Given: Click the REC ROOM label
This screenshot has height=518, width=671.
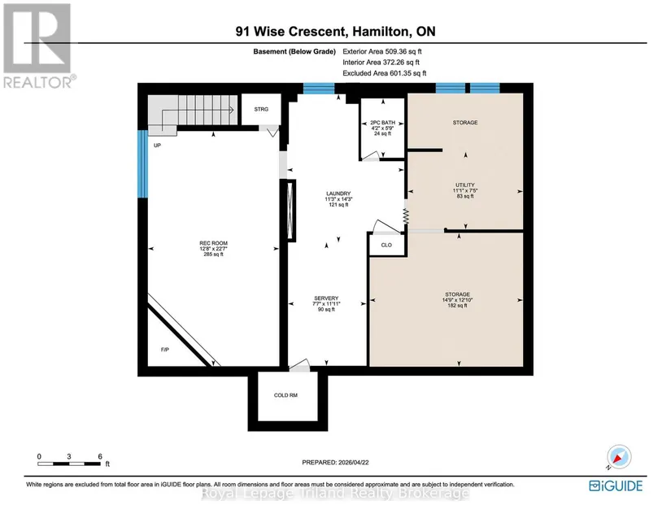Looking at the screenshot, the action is coord(214,243).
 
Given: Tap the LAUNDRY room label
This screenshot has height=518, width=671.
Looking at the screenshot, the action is coord(338,194).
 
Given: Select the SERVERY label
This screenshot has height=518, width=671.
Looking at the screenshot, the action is coord(326,298).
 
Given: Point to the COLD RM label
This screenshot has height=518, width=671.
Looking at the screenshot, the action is coord(285,395).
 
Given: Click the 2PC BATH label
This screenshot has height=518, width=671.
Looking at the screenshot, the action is coord(383,122).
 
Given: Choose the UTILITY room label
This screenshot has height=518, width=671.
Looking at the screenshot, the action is coord(465,185).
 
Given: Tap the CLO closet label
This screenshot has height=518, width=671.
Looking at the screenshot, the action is coord(386,245).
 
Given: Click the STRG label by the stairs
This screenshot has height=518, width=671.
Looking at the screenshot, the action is coord(261,109).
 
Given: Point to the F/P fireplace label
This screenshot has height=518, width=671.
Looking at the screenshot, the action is coord(165,350).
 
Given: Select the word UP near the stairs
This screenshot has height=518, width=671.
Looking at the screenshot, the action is coord(158,146).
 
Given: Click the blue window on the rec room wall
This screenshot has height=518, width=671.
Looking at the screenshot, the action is coord(142,163).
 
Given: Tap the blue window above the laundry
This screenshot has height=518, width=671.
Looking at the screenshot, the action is coord(319,88).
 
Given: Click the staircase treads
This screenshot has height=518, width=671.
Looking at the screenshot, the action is coord(193,110).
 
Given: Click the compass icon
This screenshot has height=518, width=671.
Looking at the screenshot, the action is coord(619,457).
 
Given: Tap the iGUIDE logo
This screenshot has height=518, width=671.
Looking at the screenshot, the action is coord(616,486).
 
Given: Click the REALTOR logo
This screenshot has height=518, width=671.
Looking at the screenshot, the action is coord(39,46).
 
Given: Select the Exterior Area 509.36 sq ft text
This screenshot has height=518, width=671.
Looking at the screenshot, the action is coord(382,51).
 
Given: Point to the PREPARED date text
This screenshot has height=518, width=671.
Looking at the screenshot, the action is coord(335,463).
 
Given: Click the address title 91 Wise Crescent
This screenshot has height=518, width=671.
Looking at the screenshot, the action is coord(290,31).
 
